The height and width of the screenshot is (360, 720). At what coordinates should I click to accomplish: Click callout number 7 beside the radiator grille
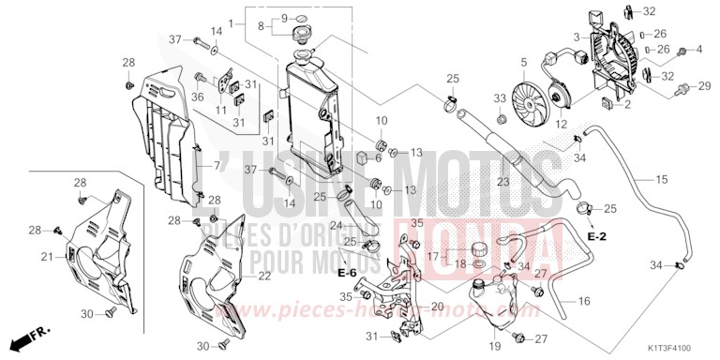[x=217, y=166]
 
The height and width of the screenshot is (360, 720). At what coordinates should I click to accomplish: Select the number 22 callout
[x=264, y=275]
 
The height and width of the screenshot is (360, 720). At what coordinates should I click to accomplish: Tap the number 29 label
[x=705, y=85]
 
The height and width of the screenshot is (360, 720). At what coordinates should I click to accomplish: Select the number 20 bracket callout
[x=436, y=307]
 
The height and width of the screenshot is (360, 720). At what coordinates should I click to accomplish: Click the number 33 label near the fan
[x=500, y=97]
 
